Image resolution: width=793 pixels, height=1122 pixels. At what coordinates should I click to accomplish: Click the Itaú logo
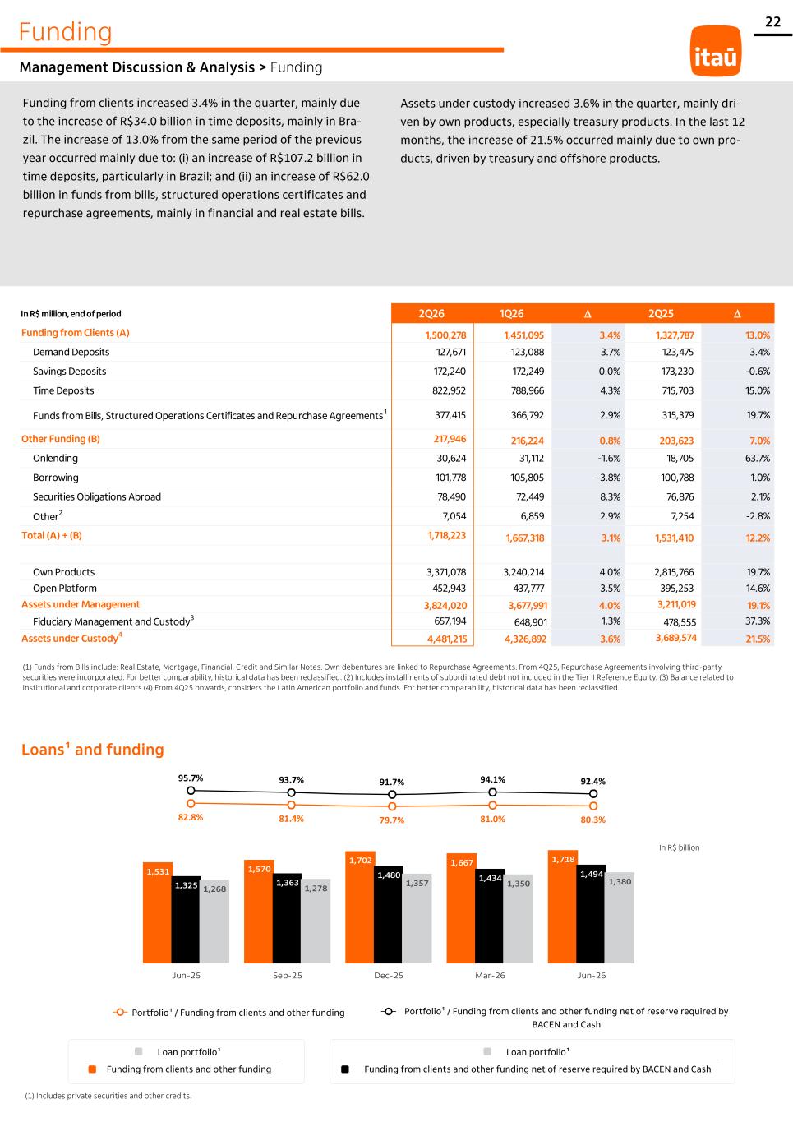point(716,51)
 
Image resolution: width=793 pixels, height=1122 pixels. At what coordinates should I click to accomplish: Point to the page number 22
point(773,21)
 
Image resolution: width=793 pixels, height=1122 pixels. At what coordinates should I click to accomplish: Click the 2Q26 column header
point(431,313)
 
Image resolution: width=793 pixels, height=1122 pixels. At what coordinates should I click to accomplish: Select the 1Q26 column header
point(511,313)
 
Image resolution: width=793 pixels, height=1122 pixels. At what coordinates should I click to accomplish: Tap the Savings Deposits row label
point(70,372)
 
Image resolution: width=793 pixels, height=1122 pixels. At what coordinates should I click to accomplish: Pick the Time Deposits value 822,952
point(449,390)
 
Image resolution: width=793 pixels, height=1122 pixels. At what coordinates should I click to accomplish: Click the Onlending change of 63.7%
point(758,459)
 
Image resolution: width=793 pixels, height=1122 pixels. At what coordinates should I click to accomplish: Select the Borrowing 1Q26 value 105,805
point(528,478)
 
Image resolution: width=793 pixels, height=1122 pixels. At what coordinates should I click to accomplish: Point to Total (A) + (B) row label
point(52,535)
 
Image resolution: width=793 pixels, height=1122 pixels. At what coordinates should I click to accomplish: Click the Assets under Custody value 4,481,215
point(447,639)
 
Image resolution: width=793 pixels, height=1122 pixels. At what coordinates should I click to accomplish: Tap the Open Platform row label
point(65,588)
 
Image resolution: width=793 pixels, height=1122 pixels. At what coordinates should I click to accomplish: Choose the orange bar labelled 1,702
point(360,907)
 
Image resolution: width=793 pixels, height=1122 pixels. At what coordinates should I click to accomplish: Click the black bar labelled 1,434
point(490,917)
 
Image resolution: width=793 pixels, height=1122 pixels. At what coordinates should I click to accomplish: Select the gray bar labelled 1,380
point(620,917)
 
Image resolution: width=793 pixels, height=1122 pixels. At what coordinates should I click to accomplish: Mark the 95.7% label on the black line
point(191,778)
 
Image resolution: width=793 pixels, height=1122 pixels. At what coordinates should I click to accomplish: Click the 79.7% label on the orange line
point(391,820)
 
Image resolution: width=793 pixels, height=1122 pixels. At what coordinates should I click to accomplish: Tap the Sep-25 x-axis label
point(288,975)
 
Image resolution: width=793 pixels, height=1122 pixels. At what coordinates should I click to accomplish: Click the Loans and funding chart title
point(93,749)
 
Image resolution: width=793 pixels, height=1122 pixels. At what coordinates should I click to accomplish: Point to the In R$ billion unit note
point(679,847)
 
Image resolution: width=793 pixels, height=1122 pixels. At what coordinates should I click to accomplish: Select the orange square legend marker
point(92,1069)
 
